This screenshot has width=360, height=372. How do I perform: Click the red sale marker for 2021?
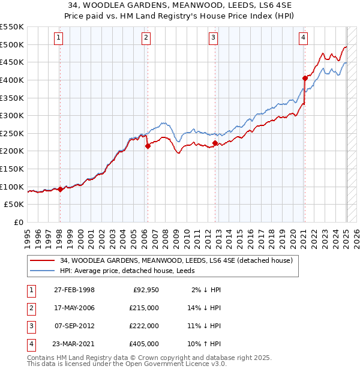pos(305,77)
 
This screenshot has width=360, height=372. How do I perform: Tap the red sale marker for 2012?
pos(214,143)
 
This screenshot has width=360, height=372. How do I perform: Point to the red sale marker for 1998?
pos(60,189)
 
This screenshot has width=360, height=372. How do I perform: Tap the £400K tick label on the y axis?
pos(12,80)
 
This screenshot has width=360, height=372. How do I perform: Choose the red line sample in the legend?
pos(41,260)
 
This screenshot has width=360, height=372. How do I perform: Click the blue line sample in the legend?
pos(41,271)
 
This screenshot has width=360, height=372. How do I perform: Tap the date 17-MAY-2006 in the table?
pos(74,308)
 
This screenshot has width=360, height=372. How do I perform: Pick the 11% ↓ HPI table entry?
pos(204,326)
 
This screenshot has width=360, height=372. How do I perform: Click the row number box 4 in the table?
pos(31,344)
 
